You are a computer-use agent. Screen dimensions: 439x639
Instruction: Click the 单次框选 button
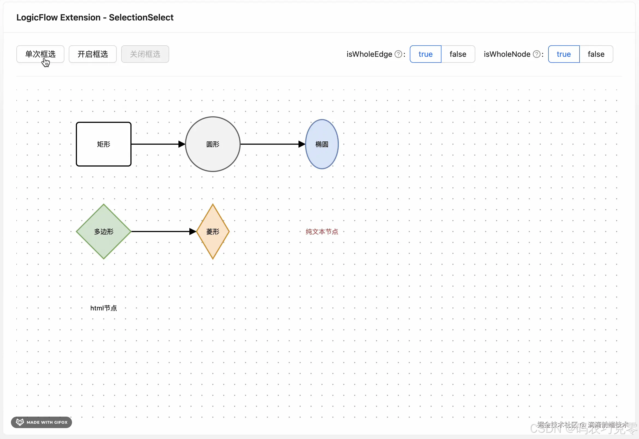[x=40, y=54]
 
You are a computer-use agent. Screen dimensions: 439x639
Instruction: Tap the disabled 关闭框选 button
[x=145, y=54]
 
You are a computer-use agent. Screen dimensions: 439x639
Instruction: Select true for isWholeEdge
[x=425, y=54]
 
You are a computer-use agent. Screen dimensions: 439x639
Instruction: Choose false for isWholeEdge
[x=458, y=54]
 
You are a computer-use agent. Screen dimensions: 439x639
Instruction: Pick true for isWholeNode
[x=563, y=54]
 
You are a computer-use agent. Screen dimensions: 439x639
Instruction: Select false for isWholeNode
[x=596, y=54]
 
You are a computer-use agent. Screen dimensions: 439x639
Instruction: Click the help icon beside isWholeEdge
[x=398, y=54]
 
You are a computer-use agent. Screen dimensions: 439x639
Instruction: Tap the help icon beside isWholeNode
[x=536, y=54]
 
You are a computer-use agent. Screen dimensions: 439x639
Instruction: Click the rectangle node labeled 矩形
[x=103, y=144]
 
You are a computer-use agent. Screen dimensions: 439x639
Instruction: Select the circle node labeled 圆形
[x=213, y=144]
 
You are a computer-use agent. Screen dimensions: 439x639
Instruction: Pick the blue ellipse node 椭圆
[x=322, y=144]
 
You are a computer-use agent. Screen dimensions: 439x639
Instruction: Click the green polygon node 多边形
[x=103, y=231]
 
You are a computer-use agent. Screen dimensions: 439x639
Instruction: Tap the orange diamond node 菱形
[x=213, y=231]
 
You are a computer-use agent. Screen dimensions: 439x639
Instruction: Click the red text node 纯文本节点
[x=322, y=231]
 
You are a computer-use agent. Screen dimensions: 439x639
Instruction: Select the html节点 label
[x=103, y=308]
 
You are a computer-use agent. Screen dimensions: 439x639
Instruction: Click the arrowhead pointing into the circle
[x=182, y=144]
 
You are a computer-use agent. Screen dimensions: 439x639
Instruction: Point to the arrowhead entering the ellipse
[x=301, y=144]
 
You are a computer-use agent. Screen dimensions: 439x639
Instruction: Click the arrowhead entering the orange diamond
[x=193, y=231]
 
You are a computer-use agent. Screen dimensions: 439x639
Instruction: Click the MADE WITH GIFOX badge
[x=41, y=422]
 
